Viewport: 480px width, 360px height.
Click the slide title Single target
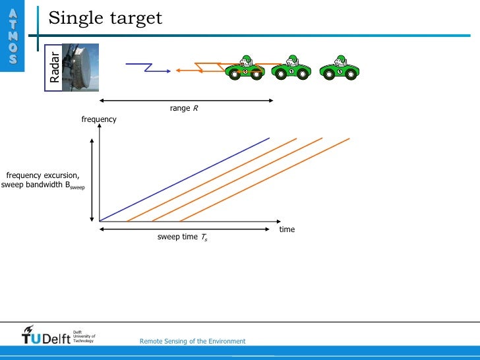tap(105, 18)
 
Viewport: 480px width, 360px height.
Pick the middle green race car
tap(291, 67)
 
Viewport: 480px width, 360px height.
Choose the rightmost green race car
tap(339, 67)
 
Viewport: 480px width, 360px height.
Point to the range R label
tap(184, 108)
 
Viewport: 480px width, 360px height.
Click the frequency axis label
tap(99, 119)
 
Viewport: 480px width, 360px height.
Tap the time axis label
tap(287, 229)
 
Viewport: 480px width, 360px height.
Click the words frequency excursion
tap(43, 175)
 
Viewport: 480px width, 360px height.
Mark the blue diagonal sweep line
tap(185, 179)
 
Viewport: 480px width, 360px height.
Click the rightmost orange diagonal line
tap(264, 179)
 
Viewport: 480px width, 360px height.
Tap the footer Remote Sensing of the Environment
tap(193, 341)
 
